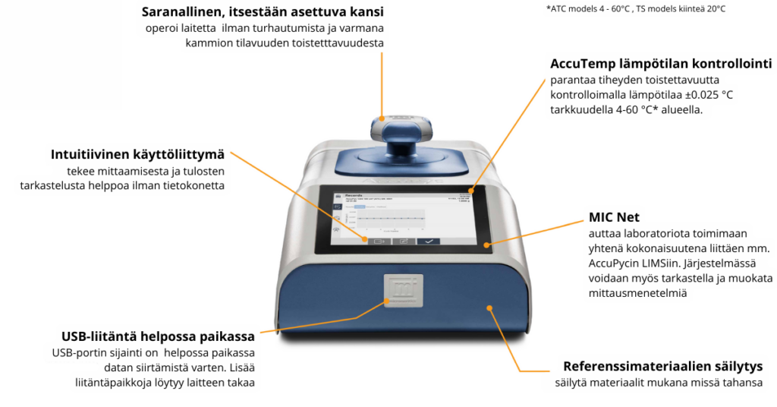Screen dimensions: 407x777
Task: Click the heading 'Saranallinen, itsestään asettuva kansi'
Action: tap(263, 12)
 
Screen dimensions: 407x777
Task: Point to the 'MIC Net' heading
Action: tap(614, 217)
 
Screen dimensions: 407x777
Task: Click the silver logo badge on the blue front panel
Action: tap(401, 292)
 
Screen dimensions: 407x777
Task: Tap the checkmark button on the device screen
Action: tap(429, 241)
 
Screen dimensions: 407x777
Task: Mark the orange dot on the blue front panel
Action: tap(489, 308)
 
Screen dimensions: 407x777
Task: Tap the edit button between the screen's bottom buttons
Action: tap(404, 241)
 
